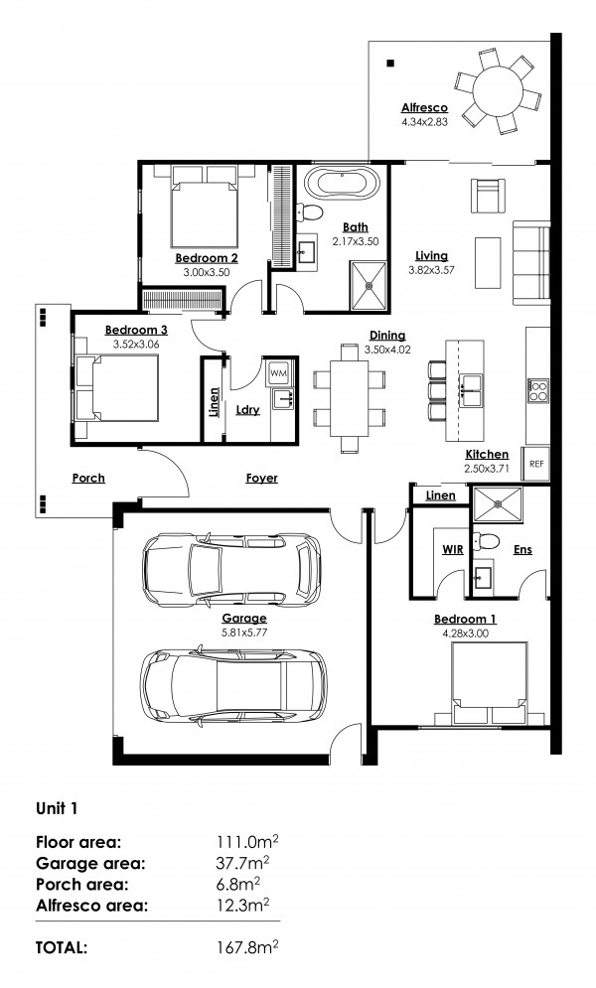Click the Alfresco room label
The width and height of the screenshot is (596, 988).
tap(424, 108)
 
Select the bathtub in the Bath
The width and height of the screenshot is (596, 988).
tap(342, 184)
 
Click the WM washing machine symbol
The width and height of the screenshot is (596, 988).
tap(278, 373)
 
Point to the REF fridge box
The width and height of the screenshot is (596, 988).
tap(536, 464)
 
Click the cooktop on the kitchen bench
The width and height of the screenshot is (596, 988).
tap(538, 390)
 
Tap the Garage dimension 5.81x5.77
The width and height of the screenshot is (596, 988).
tap(244, 632)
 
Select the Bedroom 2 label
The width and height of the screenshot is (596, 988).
tap(207, 258)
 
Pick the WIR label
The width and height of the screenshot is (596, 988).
tap(452, 549)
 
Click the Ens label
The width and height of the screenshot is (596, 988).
tap(522, 549)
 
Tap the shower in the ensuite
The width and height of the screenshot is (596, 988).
tap(498, 504)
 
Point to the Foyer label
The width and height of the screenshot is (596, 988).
tap(262, 479)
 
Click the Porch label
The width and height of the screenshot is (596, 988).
tap(88, 479)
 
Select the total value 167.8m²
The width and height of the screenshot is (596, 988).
tap(247, 946)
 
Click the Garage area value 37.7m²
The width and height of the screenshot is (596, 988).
tap(243, 863)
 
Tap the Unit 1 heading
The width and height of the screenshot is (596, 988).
tap(57, 808)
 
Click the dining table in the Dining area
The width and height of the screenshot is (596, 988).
tap(350, 397)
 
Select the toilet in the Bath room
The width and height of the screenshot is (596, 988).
tap(309, 212)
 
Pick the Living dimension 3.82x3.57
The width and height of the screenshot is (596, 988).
tap(431, 270)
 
